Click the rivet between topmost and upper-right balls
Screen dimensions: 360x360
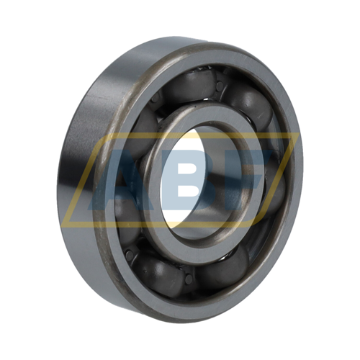[220, 86]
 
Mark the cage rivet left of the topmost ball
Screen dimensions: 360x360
[156, 98]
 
